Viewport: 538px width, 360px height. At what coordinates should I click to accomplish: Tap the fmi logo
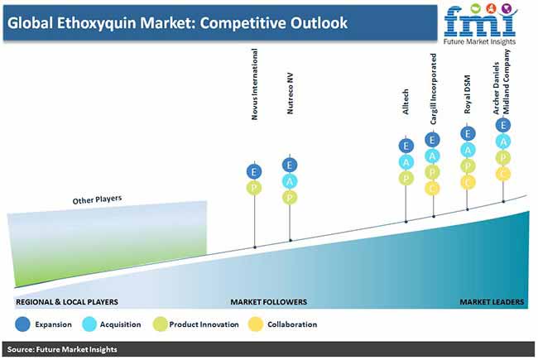[480, 24]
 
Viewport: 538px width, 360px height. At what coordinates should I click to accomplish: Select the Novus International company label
[254, 84]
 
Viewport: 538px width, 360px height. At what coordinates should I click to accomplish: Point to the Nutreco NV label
[290, 93]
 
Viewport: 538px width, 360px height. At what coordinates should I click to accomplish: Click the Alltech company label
[406, 102]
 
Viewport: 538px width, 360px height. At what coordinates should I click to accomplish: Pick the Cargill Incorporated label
[433, 89]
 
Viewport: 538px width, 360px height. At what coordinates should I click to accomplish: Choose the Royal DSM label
[467, 94]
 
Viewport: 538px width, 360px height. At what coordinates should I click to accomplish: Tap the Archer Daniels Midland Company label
[502, 82]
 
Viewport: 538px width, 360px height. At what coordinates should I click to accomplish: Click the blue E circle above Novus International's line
[254, 171]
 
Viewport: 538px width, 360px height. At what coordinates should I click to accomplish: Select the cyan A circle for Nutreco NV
[290, 181]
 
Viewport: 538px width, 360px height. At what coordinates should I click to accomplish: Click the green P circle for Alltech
[406, 179]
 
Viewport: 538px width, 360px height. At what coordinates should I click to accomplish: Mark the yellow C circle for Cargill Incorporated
[432, 189]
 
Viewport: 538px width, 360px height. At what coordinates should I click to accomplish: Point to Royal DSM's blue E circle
[468, 134]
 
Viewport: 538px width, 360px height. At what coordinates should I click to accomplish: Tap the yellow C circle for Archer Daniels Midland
[503, 174]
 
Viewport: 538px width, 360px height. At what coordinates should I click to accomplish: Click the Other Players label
[97, 199]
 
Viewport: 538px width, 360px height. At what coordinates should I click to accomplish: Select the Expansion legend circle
[23, 324]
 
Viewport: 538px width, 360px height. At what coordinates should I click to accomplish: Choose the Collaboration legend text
[292, 324]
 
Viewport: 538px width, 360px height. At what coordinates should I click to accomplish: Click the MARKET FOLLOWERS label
[269, 302]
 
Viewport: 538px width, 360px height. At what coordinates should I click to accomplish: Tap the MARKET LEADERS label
[492, 302]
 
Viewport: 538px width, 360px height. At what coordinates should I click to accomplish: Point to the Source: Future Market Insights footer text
[62, 349]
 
